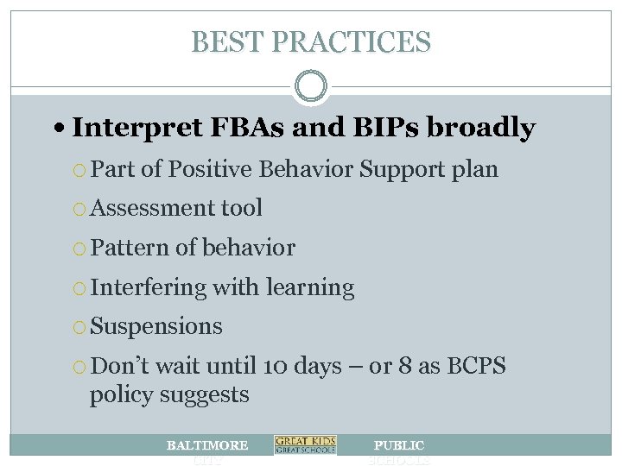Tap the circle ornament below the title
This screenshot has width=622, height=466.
click(x=311, y=87)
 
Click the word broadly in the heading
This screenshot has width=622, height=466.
click(x=479, y=129)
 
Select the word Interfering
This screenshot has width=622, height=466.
click(x=148, y=287)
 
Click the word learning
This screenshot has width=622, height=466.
click(x=313, y=287)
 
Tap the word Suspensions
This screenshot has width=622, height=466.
click(x=156, y=327)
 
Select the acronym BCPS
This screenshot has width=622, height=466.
click(x=473, y=367)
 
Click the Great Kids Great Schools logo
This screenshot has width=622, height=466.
click(x=305, y=445)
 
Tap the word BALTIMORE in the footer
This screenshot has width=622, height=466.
click(x=206, y=445)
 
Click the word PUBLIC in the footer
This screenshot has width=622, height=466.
click(x=398, y=445)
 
